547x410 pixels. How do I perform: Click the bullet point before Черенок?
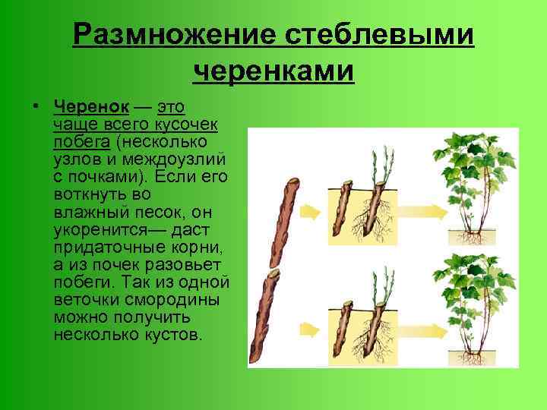point(37,105)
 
